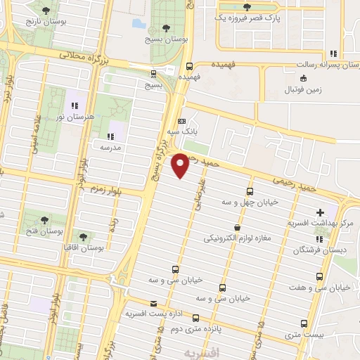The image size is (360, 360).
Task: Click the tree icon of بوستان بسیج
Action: (x=165, y=28)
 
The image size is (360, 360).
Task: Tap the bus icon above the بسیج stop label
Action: (x=153, y=74)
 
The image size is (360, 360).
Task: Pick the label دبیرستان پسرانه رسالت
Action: (x=311, y=64)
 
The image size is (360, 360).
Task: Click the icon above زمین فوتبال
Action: (x=303, y=78)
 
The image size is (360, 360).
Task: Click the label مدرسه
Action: (x=110, y=148)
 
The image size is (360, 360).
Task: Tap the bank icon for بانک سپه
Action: (x=182, y=120)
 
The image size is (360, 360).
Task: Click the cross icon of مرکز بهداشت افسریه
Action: (x=321, y=212)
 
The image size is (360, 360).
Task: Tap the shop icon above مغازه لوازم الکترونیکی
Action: (x=237, y=227)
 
